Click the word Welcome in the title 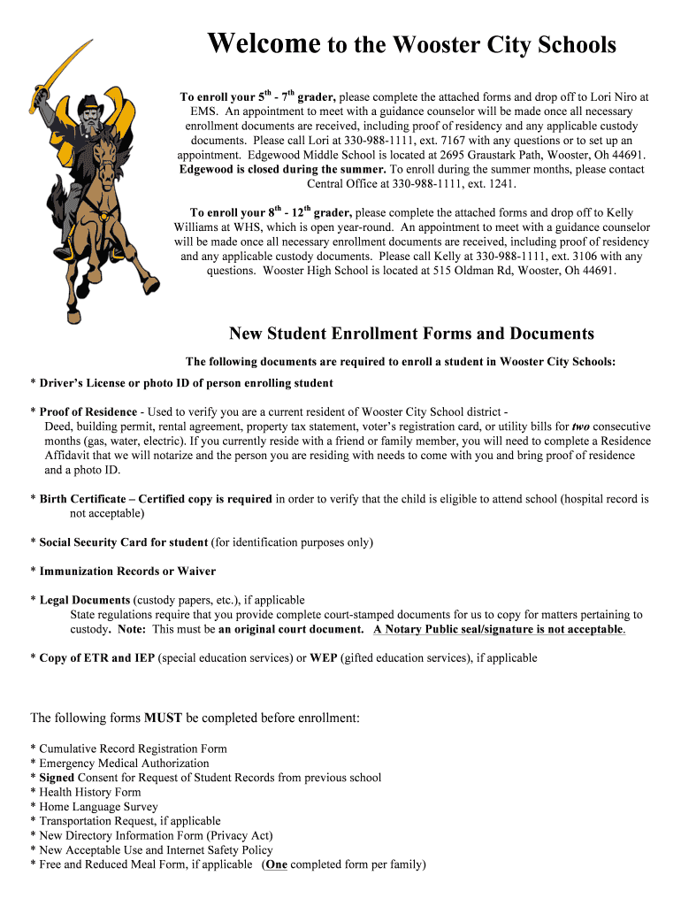coord(264,43)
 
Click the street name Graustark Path coord(512,155)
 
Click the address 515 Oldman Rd coord(475,271)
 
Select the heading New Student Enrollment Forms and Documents coord(411,334)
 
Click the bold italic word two coord(580,426)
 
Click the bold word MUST coord(163,718)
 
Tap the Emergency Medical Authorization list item coord(124,763)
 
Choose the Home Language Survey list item coord(98,807)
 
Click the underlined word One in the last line coord(276,864)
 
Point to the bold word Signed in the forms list coord(57,778)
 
